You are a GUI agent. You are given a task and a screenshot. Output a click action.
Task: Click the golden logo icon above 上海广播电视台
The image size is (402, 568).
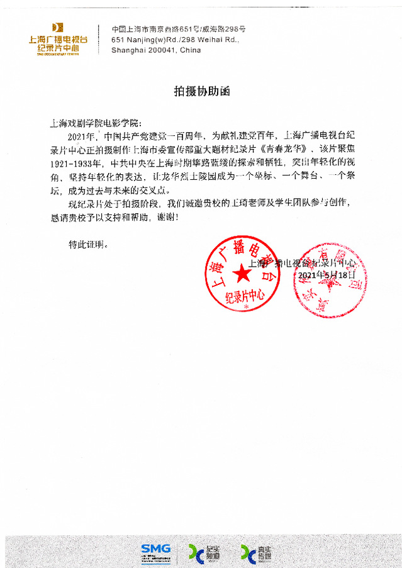coord(58,27)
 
